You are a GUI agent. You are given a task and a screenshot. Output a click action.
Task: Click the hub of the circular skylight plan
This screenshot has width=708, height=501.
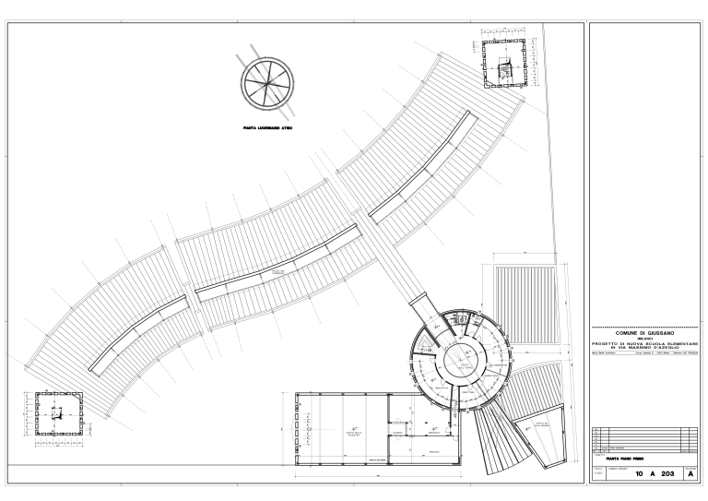click(265, 81)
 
